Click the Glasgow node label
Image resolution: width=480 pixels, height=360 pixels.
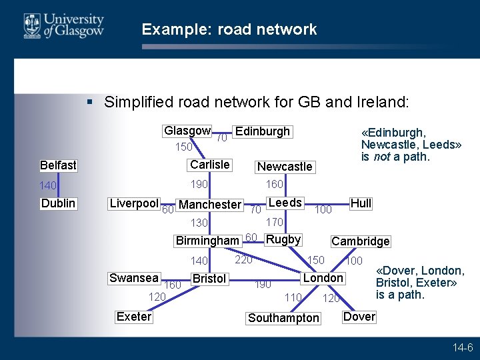click(187, 131)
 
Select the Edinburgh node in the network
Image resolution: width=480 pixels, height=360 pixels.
click(263, 131)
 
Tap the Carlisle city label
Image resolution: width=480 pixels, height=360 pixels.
click(210, 165)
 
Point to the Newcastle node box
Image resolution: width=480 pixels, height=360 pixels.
click(285, 167)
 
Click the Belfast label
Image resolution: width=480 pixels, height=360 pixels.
click(58, 165)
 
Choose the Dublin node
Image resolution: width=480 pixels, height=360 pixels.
click(58, 203)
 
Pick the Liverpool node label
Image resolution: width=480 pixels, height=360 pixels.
click(134, 203)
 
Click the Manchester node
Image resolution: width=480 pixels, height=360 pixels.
click(210, 205)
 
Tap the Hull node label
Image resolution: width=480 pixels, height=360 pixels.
click(361, 203)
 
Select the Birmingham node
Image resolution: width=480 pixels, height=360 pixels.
click(207, 241)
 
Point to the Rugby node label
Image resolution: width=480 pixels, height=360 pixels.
click(283, 239)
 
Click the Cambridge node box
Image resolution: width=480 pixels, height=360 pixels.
click(361, 241)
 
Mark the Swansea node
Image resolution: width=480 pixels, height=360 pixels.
click(134, 278)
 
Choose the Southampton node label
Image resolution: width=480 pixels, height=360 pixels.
click(283, 318)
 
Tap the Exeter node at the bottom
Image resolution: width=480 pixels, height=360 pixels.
click(134, 317)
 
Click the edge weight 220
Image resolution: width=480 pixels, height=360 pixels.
click(243, 260)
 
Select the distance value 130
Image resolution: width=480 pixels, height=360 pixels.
click(200, 223)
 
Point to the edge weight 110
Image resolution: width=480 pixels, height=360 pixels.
click(293, 297)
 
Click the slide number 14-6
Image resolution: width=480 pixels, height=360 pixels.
click(462, 348)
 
